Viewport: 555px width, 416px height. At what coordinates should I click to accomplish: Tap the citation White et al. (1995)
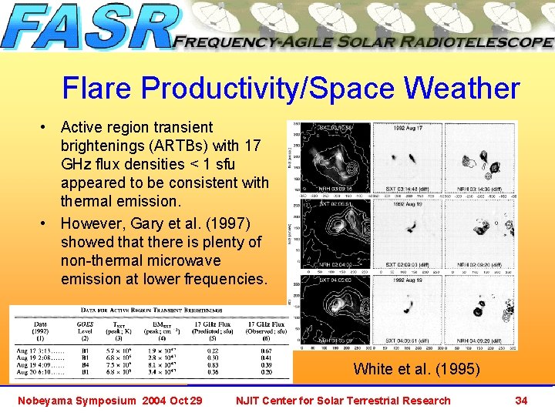415,369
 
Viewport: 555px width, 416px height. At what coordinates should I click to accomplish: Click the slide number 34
521,400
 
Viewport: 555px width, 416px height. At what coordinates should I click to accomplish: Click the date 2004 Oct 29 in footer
173,400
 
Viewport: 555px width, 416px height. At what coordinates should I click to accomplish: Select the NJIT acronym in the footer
250,400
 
